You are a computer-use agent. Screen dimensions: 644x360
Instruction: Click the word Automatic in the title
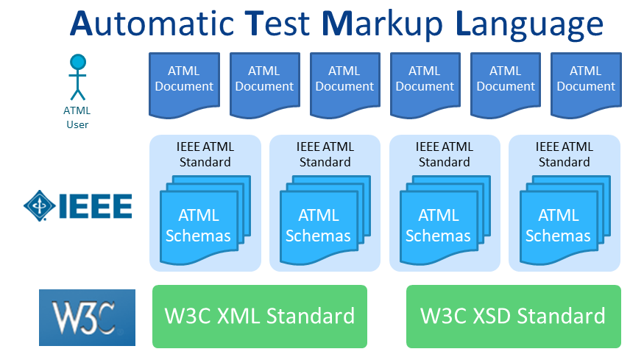click(x=152, y=24)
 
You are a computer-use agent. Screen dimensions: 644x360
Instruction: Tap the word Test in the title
click(x=277, y=24)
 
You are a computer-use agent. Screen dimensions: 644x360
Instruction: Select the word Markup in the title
click(x=383, y=26)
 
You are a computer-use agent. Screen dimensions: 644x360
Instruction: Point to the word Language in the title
click(x=530, y=26)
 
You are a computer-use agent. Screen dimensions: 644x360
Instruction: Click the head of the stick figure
click(x=77, y=62)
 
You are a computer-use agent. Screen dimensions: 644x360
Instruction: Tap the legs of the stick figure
click(x=77, y=94)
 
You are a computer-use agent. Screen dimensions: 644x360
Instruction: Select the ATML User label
click(x=77, y=118)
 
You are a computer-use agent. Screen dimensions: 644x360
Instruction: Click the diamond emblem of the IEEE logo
click(x=40, y=205)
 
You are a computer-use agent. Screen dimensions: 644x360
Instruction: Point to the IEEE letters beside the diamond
click(x=96, y=206)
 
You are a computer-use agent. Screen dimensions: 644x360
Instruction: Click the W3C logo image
click(x=87, y=317)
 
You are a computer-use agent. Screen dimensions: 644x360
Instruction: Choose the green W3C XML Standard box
click(x=260, y=317)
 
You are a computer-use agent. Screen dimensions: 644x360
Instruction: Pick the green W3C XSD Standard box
click(x=514, y=317)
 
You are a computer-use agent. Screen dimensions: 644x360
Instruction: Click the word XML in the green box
click(x=238, y=316)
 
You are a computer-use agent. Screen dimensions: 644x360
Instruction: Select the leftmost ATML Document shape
click(x=184, y=84)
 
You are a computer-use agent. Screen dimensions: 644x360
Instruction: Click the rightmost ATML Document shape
click(x=586, y=84)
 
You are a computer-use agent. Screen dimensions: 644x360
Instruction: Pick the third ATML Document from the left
click(x=344, y=84)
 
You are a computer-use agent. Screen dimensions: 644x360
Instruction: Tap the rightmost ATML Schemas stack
click(x=565, y=220)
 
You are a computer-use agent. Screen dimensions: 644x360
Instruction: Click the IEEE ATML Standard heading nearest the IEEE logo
click(x=205, y=154)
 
